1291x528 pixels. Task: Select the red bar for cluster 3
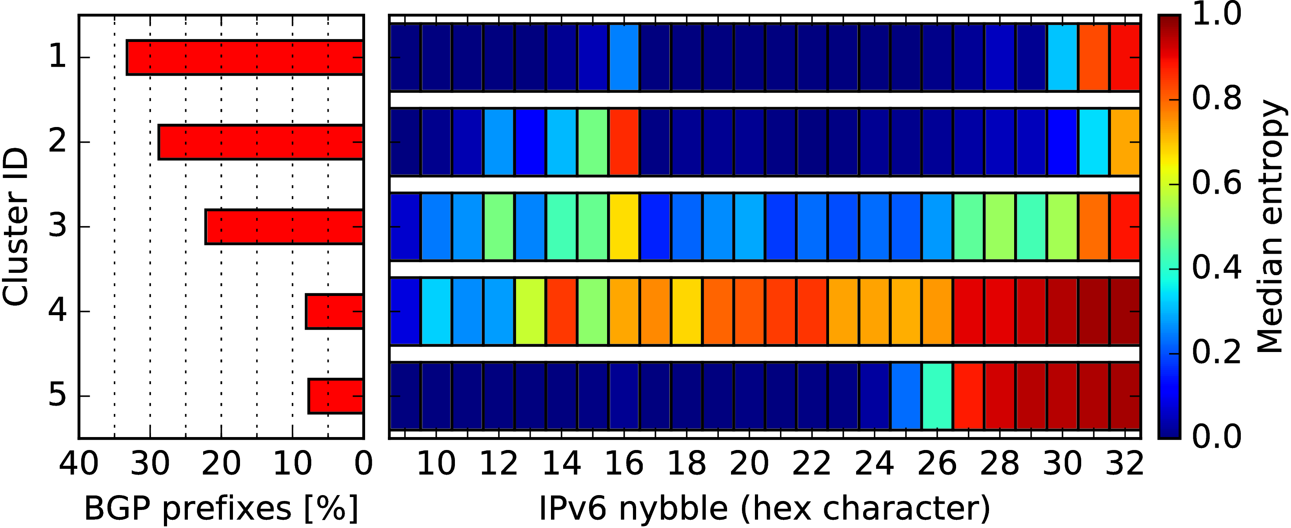coord(285,227)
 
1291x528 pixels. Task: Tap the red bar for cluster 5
coord(336,396)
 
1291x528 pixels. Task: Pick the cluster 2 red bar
coord(261,142)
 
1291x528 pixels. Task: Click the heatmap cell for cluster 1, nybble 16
coord(624,58)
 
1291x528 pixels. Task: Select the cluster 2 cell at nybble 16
coord(624,142)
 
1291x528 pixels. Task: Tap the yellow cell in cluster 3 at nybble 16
coord(624,227)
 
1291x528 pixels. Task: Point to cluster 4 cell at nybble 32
coord(1125,311)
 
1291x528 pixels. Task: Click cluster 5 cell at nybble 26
coord(937,396)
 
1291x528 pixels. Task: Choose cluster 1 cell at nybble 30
coord(1062,58)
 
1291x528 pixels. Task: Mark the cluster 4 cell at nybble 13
coord(530,311)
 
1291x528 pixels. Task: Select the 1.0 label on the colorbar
coord(1216,14)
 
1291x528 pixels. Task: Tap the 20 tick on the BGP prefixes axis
coord(221,464)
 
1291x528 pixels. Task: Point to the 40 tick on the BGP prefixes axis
coord(79,464)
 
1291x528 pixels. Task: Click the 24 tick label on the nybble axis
coord(875,464)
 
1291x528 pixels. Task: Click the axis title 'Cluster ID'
coord(15,227)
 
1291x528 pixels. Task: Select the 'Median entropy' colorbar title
coord(1271,227)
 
